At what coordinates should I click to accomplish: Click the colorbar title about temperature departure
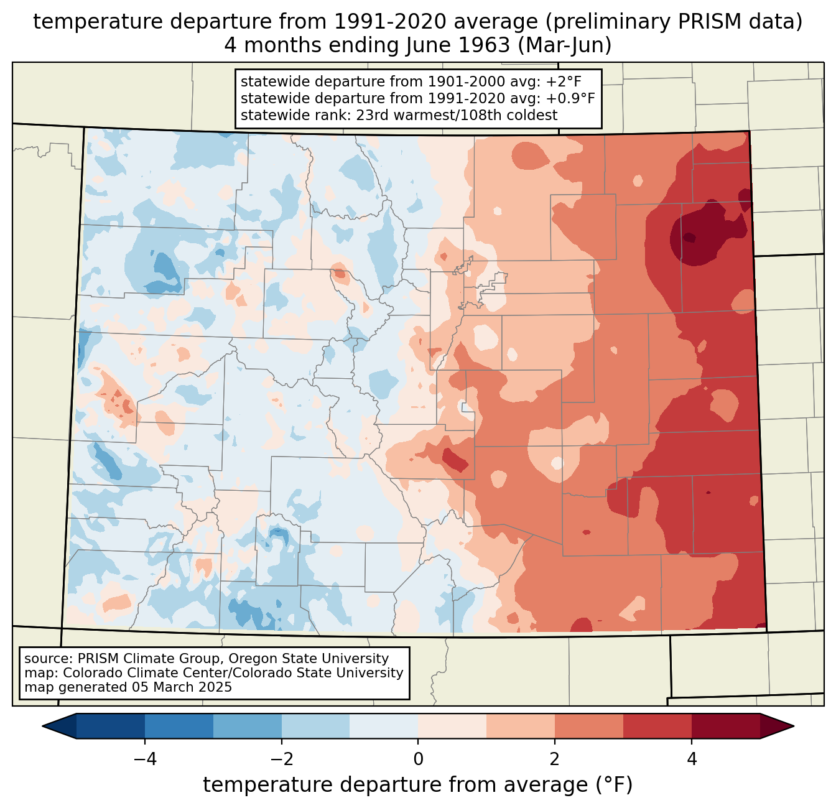pos(418,785)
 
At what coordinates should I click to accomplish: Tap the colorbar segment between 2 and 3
pos(589,726)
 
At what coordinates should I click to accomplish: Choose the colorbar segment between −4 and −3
pos(179,726)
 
